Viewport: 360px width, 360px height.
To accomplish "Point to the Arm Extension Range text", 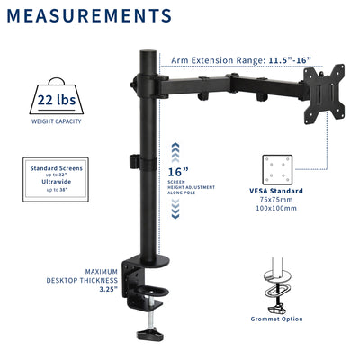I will pyautogui.click(x=217, y=61).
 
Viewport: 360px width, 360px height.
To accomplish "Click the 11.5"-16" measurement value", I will pyautogui.click(x=289, y=61).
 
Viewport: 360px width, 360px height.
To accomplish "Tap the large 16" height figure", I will pyautogui.click(x=177, y=172).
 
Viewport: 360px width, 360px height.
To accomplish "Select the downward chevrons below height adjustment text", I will pyautogui.click(x=176, y=210).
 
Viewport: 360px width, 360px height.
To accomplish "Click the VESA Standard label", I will pyautogui.click(x=276, y=191).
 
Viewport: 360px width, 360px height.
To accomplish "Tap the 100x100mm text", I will pyautogui.click(x=276, y=208).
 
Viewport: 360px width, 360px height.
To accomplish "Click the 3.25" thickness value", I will pyautogui.click(x=103, y=290).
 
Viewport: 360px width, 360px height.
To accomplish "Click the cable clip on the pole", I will pyautogui.click(x=137, y=163).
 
